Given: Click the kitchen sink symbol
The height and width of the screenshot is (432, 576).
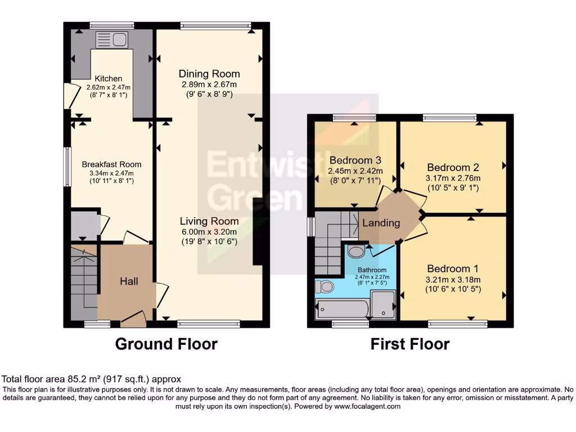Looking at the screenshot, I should click(112, 39).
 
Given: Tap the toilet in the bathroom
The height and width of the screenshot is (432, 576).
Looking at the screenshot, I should click(325, 287).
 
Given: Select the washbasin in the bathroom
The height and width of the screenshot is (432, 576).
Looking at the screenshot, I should click(355, 251).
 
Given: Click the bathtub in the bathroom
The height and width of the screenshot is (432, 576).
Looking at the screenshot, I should click(342, 309).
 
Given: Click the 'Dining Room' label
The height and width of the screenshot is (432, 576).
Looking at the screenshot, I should click(209, 74).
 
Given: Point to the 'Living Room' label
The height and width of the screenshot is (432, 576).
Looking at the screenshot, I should click(209, 221).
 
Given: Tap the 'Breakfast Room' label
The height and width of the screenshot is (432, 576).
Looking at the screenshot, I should click(111, 164).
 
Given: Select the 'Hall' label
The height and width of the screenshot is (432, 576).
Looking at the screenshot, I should click(129, 281).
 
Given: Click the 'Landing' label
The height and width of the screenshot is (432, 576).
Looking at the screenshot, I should click(381, 223).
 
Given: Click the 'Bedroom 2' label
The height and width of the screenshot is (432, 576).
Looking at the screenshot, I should click(453, 167).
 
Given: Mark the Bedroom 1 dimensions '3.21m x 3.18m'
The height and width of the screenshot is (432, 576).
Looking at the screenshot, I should click(453, 280).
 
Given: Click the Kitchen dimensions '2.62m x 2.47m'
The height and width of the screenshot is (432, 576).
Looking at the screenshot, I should click(108, 88).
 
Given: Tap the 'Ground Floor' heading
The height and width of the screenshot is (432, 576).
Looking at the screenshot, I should click(166, 344).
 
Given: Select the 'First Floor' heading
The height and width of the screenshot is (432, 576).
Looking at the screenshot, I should click(410, 344).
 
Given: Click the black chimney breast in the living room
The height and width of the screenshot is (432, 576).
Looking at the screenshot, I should click(258, 231).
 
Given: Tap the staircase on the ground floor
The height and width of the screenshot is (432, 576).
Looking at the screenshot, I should click(83, 278).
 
